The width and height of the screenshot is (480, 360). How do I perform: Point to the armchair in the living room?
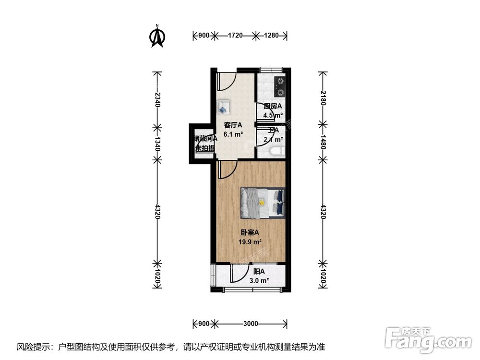(224, 107)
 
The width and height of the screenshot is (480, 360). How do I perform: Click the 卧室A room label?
(250, 232)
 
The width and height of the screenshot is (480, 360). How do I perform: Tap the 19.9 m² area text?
(250, 241)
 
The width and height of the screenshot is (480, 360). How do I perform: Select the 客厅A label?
(233, 125)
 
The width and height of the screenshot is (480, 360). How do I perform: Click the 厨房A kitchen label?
(273, 106)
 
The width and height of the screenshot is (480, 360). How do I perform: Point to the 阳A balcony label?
(259, 271)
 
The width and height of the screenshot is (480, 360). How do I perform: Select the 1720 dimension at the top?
(235, 35)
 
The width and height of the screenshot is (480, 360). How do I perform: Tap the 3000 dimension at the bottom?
(251, 323)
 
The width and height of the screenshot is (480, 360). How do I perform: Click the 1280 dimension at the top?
(271, 35)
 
